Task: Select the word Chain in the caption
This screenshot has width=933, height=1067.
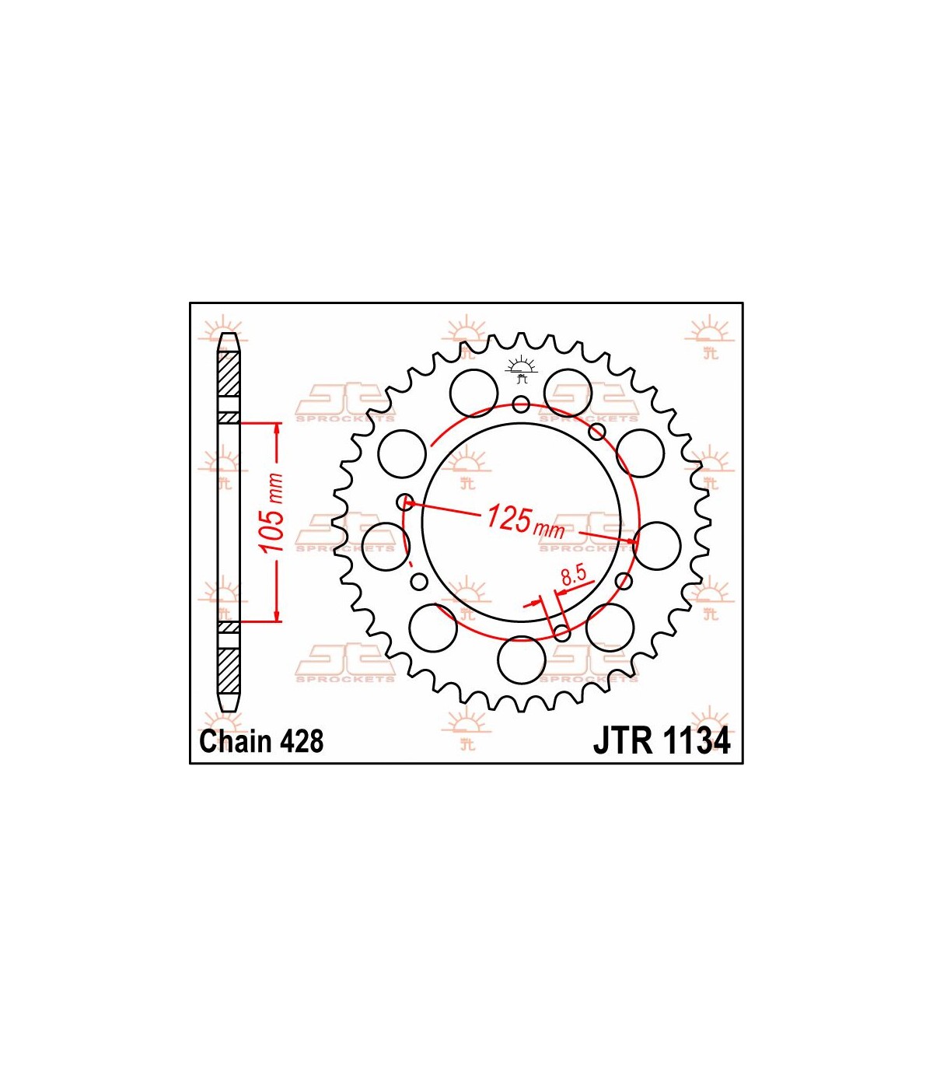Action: click(x=237, y=741)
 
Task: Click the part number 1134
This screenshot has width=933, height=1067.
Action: click(x=695, y=741)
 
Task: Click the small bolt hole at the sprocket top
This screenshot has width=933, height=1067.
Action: click(x=521, y=404)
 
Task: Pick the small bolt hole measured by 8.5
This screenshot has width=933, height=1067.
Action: click(x=561, y=633)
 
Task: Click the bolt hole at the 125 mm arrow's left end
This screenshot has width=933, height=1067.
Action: click(x=405, y=502)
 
